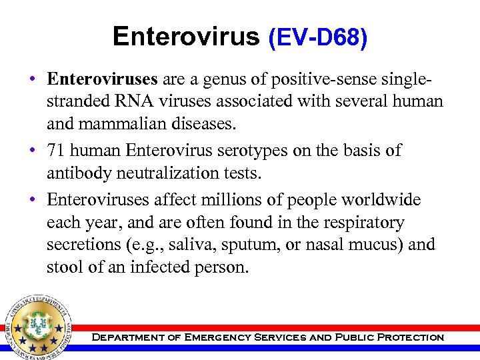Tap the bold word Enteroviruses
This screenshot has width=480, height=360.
tap(102, 79)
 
